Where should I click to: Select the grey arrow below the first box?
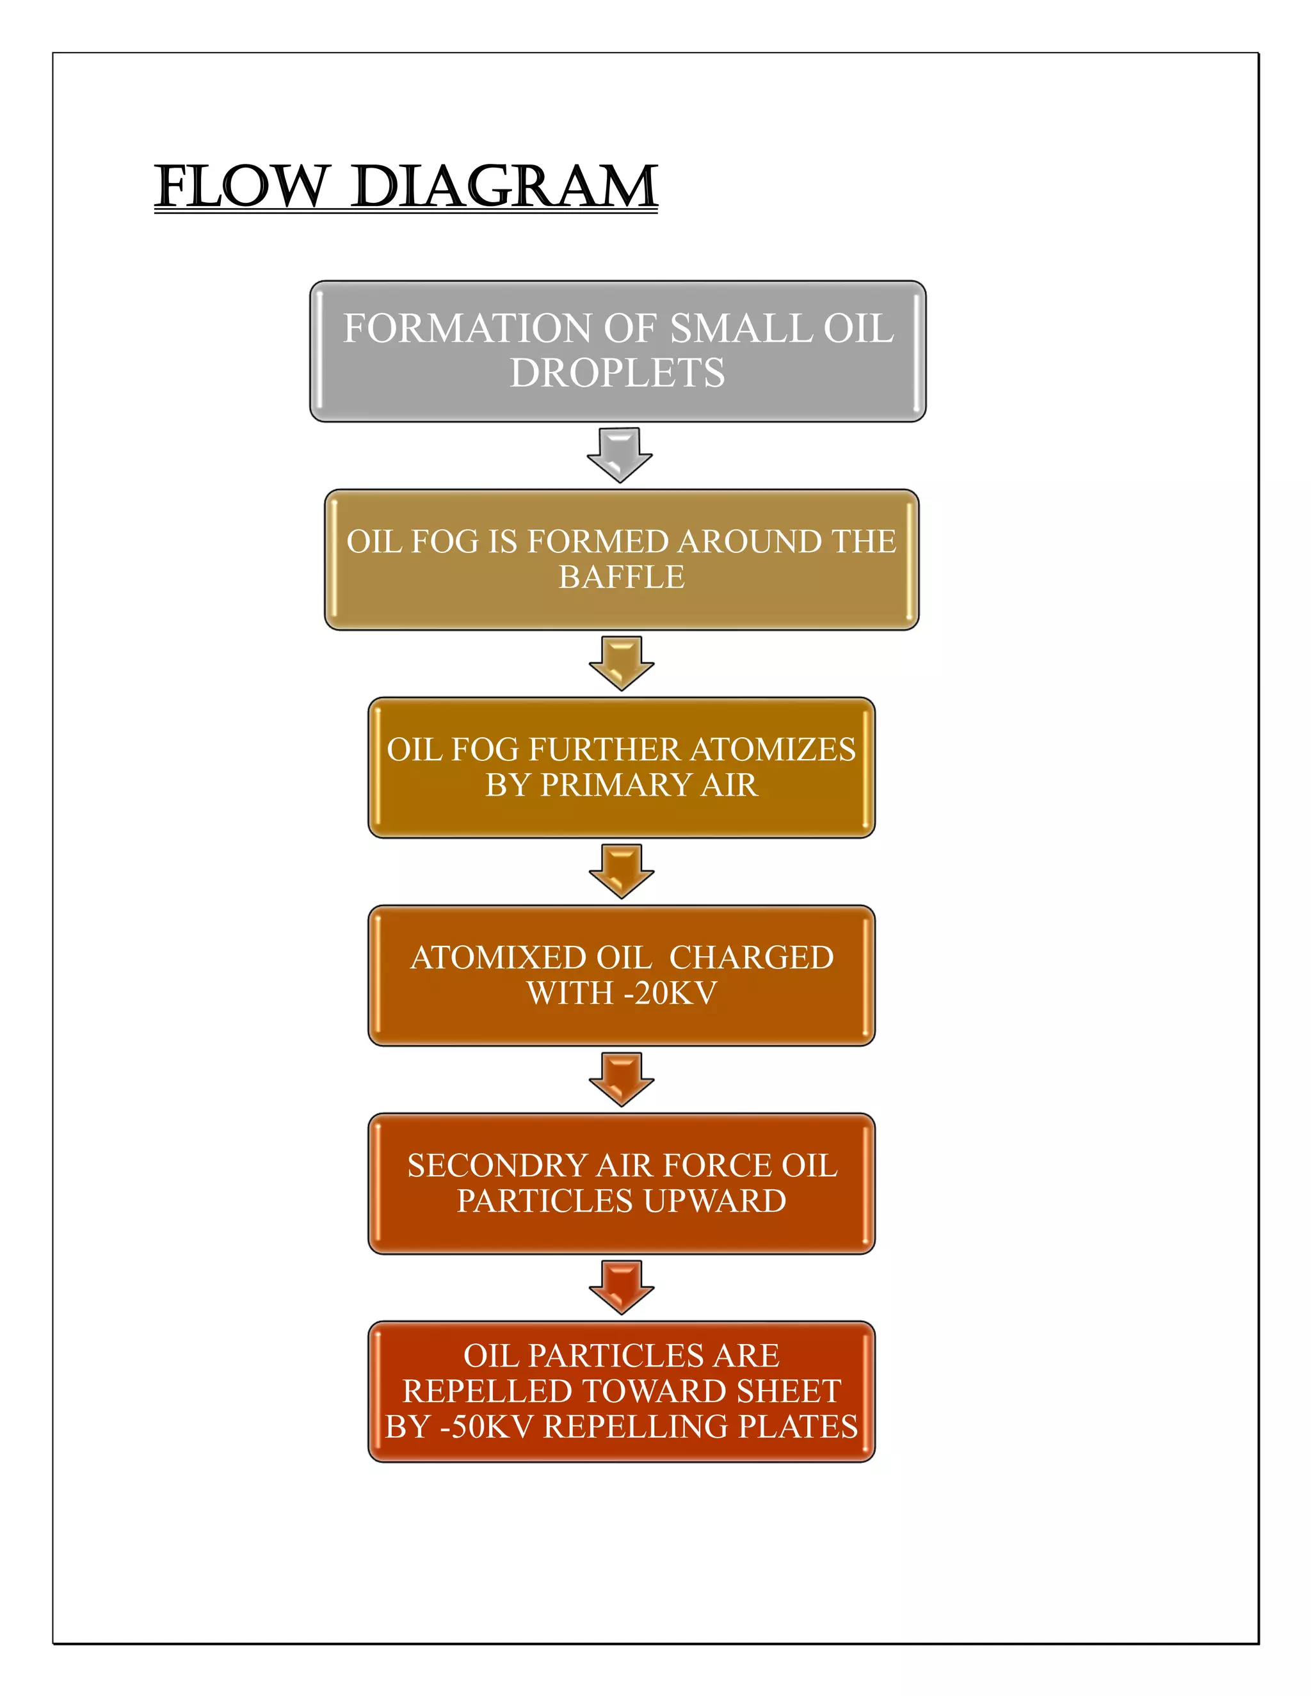pos(619,454)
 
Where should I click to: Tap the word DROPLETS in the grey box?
pos(618,372)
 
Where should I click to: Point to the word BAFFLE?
pos(622,577)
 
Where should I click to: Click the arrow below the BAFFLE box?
pos(622,663)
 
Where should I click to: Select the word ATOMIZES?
pos(773,749)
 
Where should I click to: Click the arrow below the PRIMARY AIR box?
pos(622,871)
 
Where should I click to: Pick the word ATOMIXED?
pos(498,957)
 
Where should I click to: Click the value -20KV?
pos(670,993)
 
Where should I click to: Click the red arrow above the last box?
pos(622,1287)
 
